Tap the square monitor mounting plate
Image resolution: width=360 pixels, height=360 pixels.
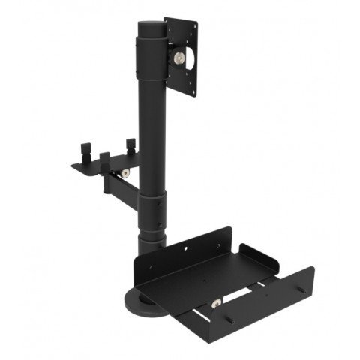(x=188, y=37)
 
